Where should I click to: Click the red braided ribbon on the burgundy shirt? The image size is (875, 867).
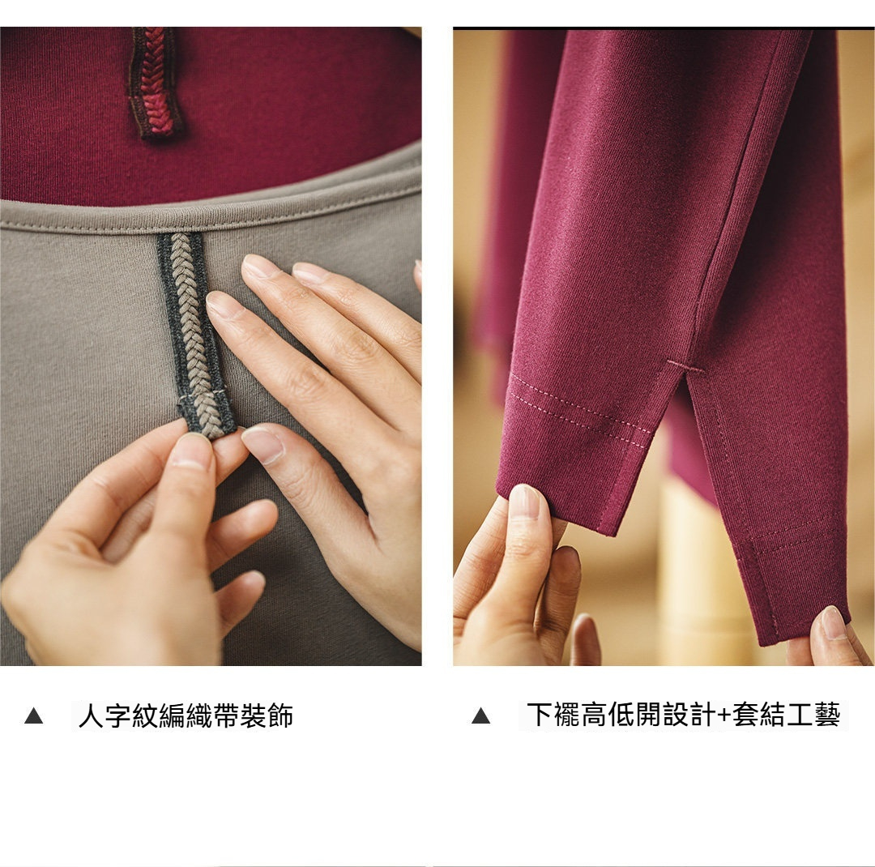[156, 82]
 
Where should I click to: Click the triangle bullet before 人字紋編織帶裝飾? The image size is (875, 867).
[33, 715]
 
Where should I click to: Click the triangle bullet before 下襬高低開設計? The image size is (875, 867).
[480, 715]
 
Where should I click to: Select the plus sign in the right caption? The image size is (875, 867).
[724, 715]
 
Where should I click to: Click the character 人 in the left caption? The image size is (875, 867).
[92, 715]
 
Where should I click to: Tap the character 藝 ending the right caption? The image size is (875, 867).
[827, 715]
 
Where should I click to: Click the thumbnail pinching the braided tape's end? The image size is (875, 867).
[192, 450]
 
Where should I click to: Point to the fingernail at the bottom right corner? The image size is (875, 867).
[833, 623]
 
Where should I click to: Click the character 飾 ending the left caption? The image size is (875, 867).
[280, 715]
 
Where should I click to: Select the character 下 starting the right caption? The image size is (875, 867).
[540, 715]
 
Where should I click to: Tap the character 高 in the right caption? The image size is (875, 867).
[595, 715]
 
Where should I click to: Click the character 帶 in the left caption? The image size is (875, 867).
[227, 715]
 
